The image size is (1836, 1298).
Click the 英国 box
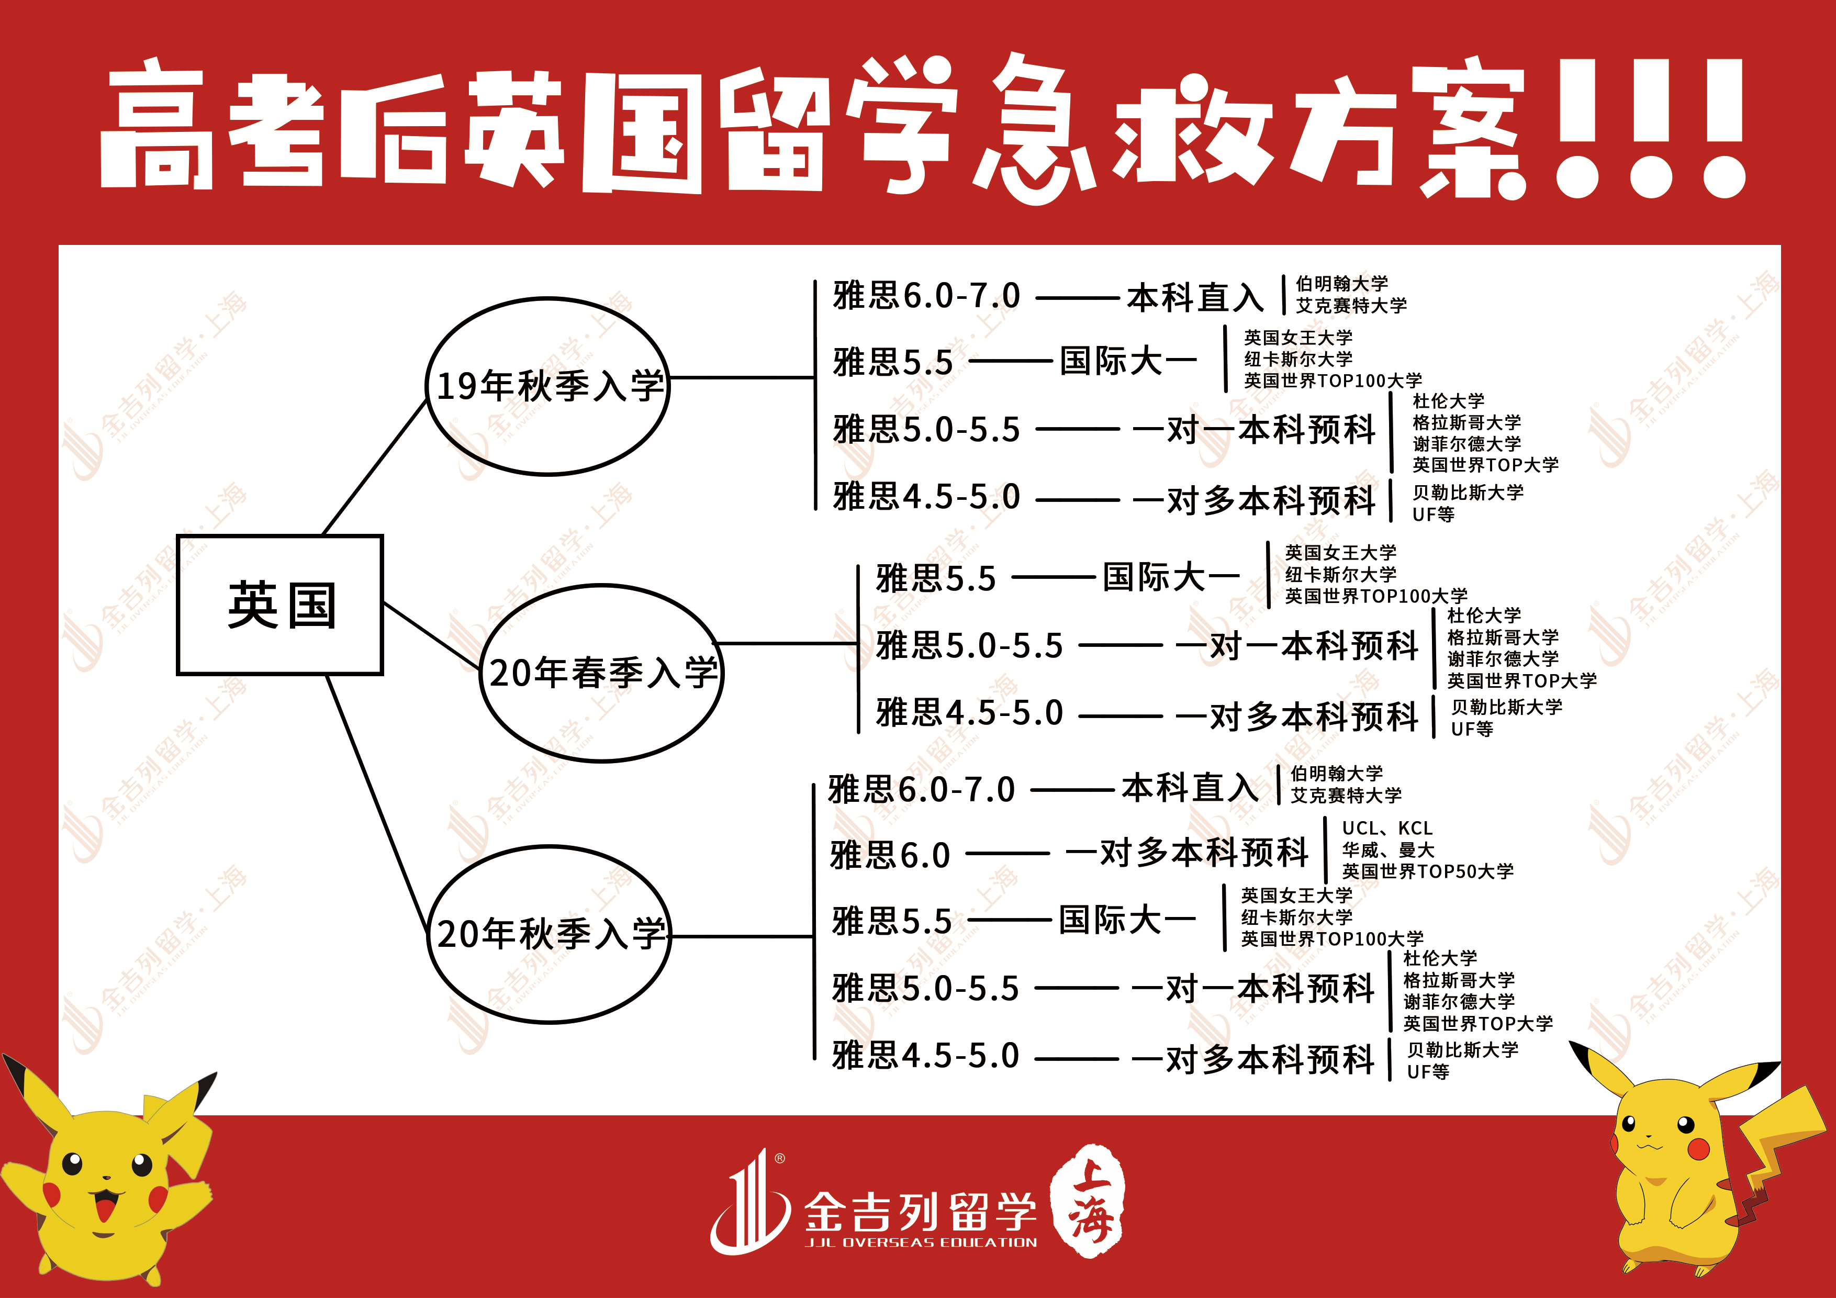(280, 605)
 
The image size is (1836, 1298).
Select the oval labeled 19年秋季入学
(548, 386)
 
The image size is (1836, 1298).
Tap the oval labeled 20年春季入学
(602, 673)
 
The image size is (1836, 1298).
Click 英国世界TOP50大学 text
(1427, 871)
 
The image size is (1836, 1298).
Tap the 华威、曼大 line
(1387, 849)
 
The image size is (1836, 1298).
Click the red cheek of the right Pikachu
(1698, 1149)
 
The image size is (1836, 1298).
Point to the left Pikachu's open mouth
(105, 1202)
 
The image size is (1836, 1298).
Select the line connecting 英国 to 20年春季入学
(432, 636)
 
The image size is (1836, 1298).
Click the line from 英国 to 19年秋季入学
(374, 468)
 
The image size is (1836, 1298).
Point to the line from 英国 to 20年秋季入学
(376, 800)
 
